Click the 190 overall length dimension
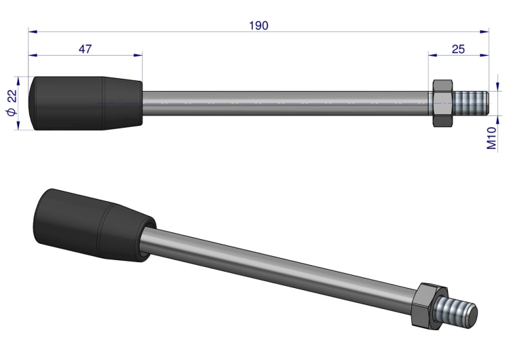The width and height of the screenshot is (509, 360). point(259,26)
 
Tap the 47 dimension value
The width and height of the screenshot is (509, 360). point(85,49)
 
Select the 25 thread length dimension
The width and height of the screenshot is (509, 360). point(458,49)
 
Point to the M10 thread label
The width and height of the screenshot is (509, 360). point(492,138)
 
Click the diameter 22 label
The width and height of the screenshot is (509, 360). point(12,103)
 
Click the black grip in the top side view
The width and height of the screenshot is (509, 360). point(86,103)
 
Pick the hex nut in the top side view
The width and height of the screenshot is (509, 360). point(443,103)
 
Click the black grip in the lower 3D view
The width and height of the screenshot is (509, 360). point(94,225)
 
